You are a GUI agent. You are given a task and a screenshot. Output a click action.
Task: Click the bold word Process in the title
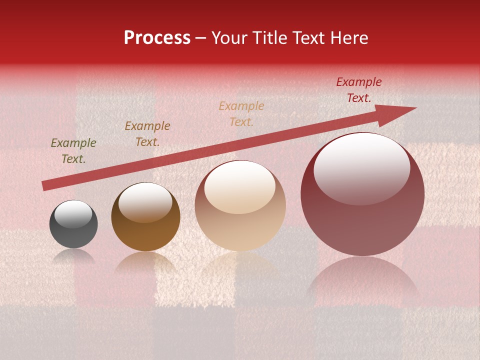click(x=157, y=38)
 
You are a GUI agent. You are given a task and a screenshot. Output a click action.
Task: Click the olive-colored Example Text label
click(x=73, y=151)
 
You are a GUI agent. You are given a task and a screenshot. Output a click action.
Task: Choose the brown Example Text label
click(x=147, y=134)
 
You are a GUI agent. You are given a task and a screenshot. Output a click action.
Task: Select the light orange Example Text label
click(x=241, y=113)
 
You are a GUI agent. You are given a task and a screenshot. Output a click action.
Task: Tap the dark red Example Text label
click(x=358, y=90)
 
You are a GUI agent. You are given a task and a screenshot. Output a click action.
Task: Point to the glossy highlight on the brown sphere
click(x=145, y=202)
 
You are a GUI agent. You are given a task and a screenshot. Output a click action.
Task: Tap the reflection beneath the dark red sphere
click(x=362, y=280)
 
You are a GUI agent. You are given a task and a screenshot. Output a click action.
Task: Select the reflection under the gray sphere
click(x=73, y=256)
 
